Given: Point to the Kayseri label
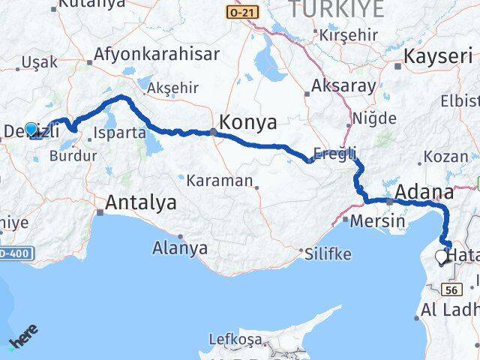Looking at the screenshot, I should pos(439,56).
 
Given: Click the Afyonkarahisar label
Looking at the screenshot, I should pos(155,55).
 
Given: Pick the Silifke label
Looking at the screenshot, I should pos(328,253).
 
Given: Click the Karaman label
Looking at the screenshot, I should pos(219,180).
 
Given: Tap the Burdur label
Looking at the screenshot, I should pos(72,156).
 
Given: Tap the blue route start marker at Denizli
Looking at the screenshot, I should pos(31,129).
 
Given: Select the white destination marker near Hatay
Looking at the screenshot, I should pos(440,258).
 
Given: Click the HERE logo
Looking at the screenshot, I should pos(22,341).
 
